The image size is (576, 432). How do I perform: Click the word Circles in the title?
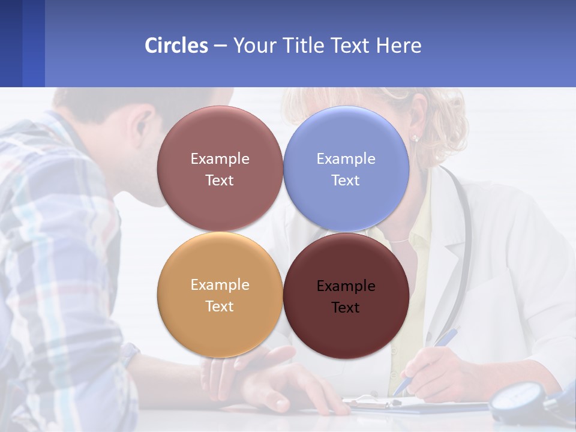click(176, 46)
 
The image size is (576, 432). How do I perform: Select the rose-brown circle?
click(220, 169)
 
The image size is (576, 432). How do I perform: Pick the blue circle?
click(346, 169)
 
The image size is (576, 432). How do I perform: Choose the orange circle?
click(220, 295)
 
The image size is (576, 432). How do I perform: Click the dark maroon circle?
click(346, 296)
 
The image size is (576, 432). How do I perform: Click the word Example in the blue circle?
click(346, 159)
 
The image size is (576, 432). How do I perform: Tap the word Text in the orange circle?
click(220, 306)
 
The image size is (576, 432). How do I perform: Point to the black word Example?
click(346, 286)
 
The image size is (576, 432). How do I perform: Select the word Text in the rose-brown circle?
click(220, 180)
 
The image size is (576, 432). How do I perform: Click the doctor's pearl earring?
click(415, 139)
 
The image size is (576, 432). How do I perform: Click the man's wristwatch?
click(128, 354)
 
